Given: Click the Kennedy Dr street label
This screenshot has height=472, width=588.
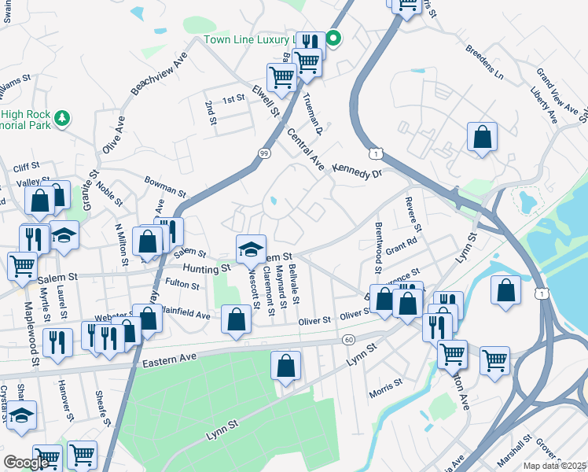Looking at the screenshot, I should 356,170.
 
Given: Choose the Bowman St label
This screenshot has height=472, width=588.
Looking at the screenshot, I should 164,187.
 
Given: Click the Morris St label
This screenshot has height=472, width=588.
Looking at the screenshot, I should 386,383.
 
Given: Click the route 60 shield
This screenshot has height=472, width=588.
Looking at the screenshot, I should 349,339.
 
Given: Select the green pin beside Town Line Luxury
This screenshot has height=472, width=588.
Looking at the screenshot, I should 333,37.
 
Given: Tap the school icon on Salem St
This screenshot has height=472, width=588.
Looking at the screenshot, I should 252,249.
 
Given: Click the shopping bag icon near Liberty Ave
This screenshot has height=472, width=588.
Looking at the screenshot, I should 483,136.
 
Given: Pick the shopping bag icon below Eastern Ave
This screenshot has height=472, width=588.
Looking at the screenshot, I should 286,365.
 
